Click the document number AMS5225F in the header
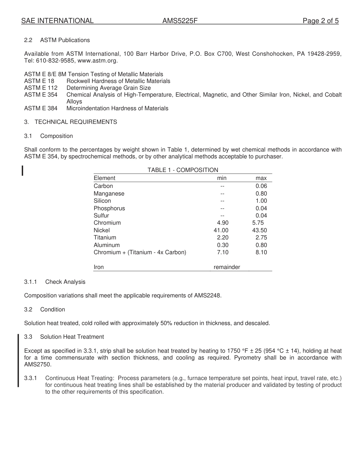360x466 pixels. (180, 21)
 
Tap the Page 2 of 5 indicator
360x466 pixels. (320, 21)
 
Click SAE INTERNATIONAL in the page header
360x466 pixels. (57, 21)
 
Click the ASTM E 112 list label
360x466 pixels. (41, 88)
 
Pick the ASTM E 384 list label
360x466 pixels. (41, 108)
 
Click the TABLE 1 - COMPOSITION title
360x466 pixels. (183, 170)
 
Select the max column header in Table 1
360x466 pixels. (261, 178)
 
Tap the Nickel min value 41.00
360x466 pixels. (221, 230)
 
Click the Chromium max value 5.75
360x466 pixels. (258, 223)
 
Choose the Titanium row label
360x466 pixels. (105, 238)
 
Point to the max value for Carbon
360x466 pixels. (261, 186)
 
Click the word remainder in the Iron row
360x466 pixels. (227, 267)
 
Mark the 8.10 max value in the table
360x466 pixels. (261, 252)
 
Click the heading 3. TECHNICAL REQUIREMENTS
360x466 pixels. (70, 122)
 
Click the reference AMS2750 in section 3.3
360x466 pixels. (38, 364)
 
